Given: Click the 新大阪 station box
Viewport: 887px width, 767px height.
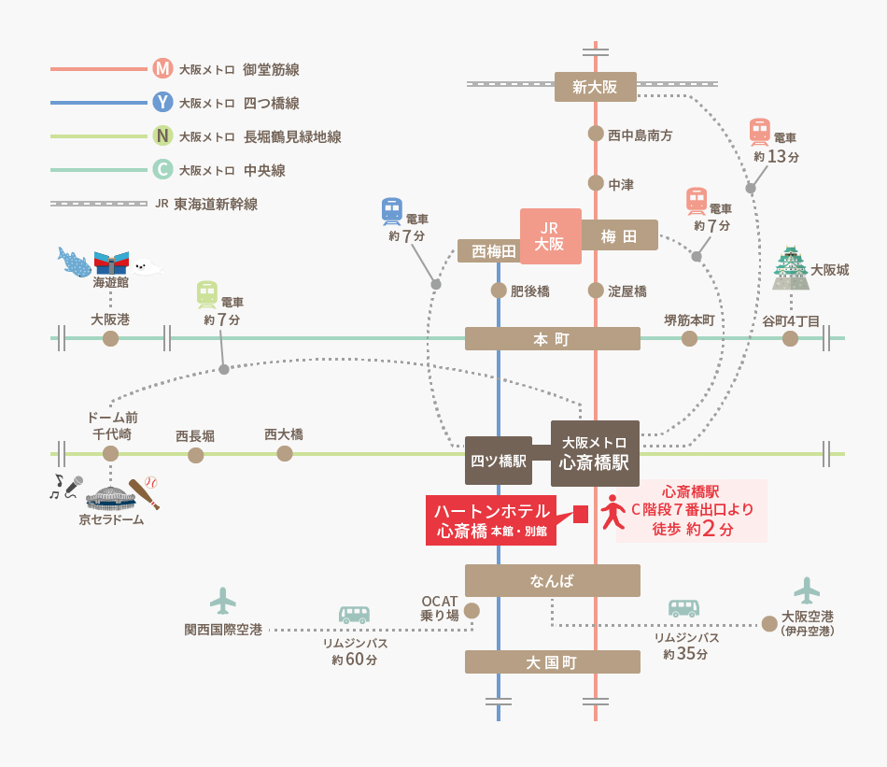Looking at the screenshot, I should pos(595,87).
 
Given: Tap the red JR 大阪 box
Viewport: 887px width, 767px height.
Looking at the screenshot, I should pos(550,236).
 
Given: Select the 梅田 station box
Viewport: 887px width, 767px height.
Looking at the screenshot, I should pos(619,235).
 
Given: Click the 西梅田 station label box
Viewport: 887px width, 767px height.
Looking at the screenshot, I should pos(494,250).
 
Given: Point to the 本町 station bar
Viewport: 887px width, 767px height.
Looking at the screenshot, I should pos(552,338).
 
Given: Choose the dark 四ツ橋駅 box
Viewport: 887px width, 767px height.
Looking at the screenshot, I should pos(498,461).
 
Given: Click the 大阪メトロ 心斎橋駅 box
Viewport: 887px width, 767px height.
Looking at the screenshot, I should pos(595,453).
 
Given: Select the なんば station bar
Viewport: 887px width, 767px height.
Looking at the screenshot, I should pos(552,580).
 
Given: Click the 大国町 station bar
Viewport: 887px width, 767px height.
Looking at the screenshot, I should pos(552,661).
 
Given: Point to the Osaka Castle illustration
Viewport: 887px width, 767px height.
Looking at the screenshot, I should pos(791,268).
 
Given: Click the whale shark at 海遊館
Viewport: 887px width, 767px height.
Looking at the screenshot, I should pos(74,262).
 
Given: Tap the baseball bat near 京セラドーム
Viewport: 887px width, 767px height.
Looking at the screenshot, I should pos(144,492).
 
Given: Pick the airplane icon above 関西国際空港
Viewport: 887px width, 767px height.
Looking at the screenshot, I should pos(222,600).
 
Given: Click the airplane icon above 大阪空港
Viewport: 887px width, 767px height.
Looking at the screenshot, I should pos(806,589).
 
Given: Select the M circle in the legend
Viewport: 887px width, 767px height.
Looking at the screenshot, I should pos(162,68).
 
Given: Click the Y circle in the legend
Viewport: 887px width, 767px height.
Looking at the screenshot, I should pos(162,102).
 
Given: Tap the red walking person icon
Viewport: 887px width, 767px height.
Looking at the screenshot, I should pos(612,512).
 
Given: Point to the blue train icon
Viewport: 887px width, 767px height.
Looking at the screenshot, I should pos(392,211).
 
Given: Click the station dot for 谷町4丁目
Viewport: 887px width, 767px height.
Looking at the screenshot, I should pos(790,338).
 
